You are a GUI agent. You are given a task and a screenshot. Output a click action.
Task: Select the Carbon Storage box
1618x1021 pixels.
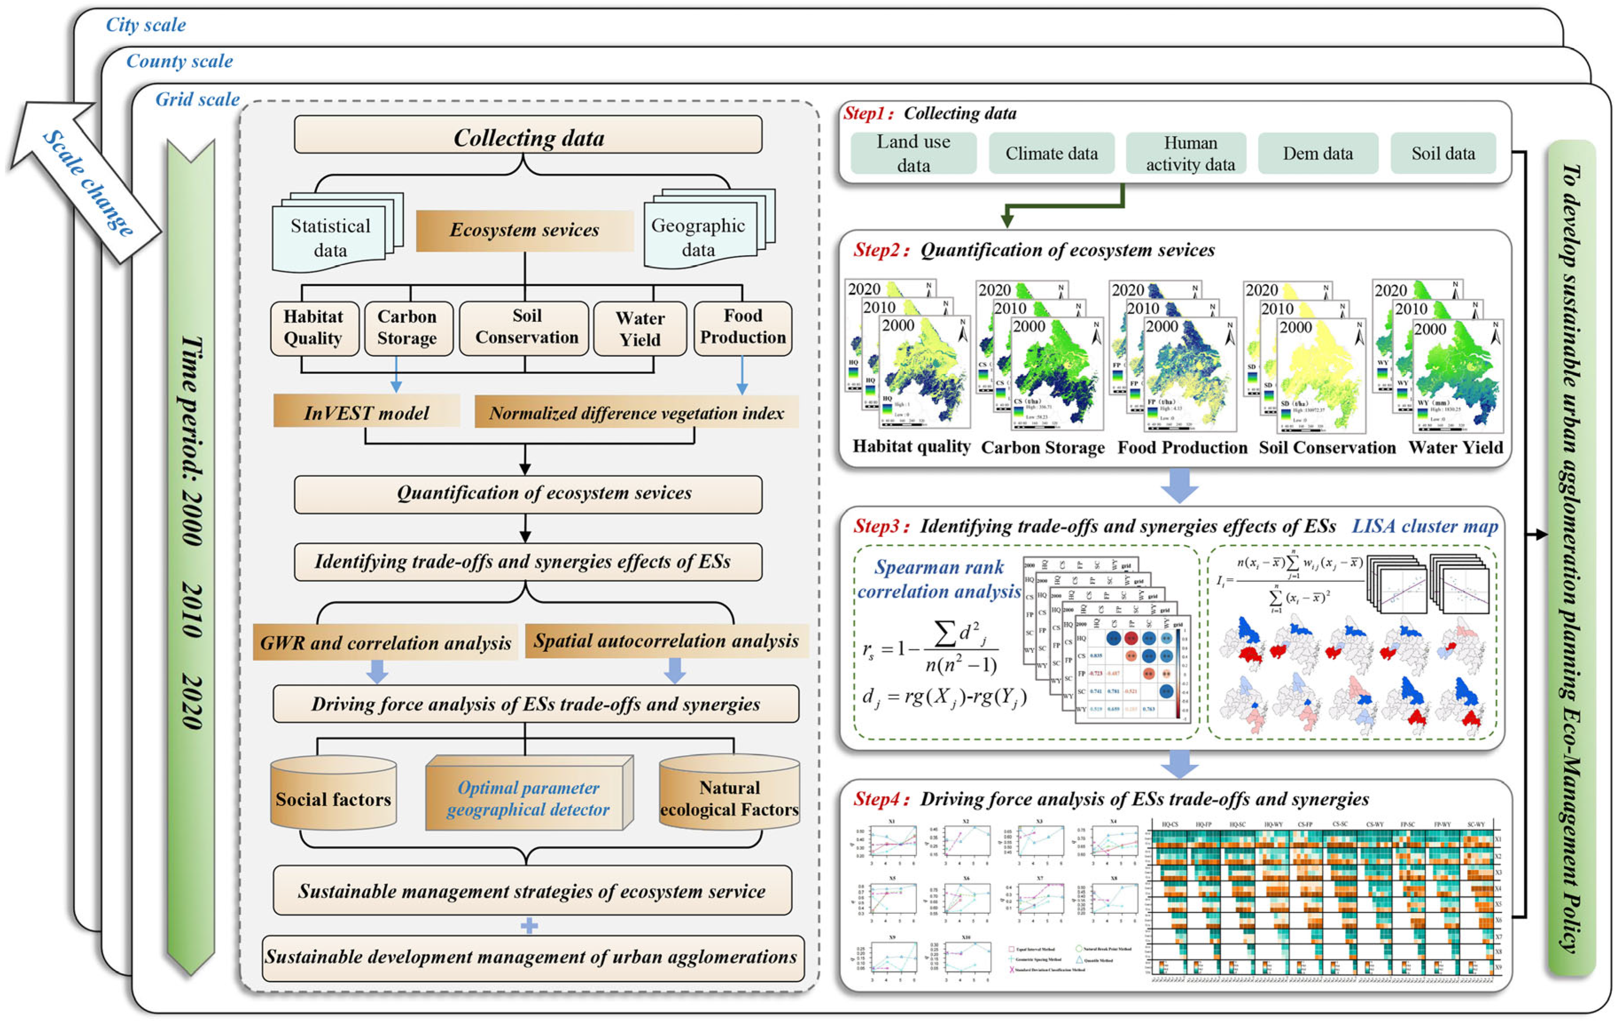[408, 328]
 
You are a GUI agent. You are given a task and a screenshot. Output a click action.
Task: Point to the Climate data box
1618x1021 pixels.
[1051, 154]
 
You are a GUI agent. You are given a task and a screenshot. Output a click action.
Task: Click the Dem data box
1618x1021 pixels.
[1317, 154]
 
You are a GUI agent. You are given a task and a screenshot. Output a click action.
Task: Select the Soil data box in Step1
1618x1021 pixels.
[1443, 154]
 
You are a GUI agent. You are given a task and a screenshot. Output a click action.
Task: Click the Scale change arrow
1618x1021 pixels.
[86, 181]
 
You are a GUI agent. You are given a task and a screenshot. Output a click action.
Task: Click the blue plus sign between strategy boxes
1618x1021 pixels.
[529, 926]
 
